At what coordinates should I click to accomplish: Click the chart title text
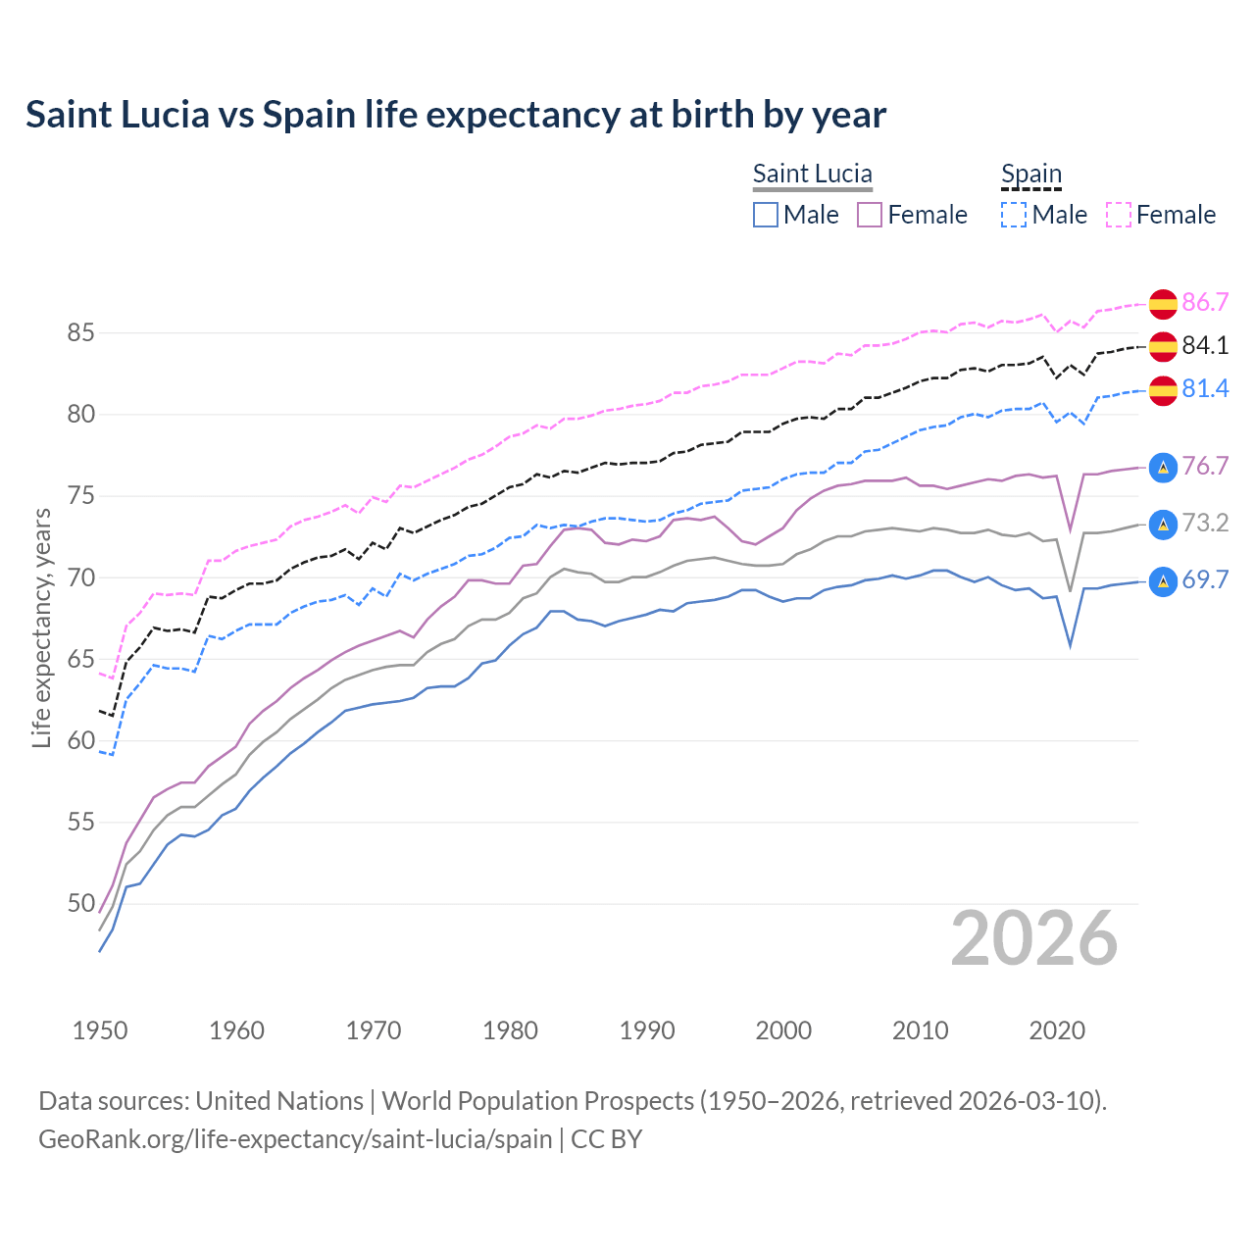pyautogui.click(x=456, y=115)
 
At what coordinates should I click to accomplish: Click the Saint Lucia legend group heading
pyautogui.click(x=812, y=174)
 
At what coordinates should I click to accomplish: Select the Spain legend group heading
pyautogui.click(x=1030, y=174)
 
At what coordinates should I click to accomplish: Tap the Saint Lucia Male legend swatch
pyautogui.click(x=766, y=215)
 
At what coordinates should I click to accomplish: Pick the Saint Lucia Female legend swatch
pyautogui.click(x=870, y=215)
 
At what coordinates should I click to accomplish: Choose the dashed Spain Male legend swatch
pyautogui.click(x=1014, y=215)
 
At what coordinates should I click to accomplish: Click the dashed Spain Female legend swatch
pyautogui.click(x=1119, y=215)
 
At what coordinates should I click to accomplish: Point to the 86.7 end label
pyautogui.click(x=1205, y=302)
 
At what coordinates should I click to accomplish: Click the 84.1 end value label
pyautogui.click(x=1205, y=345)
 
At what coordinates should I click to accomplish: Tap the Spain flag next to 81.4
pyautogui.click(x=1163, y=389)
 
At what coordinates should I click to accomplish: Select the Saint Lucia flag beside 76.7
pyautogui.click(x=1163, y=467)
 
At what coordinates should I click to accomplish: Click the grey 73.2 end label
pyautogui.click(x=1205, y=524)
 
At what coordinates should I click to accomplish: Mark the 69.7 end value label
pyautogui.click(x=1205, y=580)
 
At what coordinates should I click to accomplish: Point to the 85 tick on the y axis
pyautogui.click(x=80, y=333)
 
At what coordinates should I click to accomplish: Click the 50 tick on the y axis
pyautogui.click(x=80, y=903)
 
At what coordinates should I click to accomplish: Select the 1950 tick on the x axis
pyautogui.click(x=100, y=1030)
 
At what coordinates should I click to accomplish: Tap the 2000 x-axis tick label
pyautogui.click(x=783, y=1030)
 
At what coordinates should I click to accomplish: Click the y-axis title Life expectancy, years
pyautogui.click(x=41, y=627)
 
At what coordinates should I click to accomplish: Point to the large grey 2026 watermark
pyautogui.click(x=1034, y=939)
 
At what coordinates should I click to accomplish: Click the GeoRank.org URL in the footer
pyautogui.click(x=295, y=1139)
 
